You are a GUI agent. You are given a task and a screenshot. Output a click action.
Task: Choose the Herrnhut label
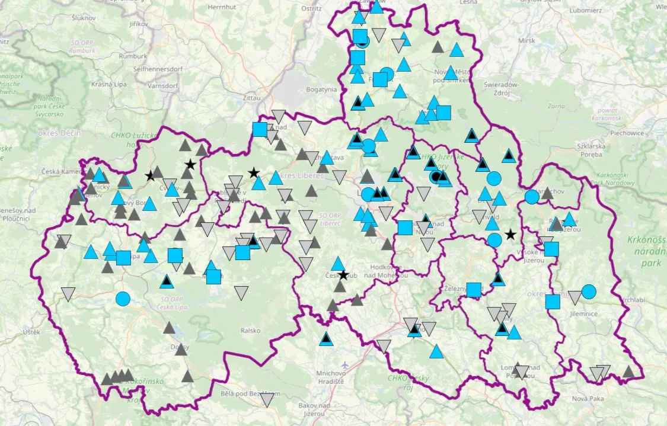(x=223, y=7)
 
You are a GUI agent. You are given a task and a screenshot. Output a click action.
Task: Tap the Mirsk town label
(x=526, y=40)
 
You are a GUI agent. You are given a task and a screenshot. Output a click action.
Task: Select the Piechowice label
(x=627, y=133)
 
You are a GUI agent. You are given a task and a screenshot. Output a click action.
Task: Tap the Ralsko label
(x=251, y=331)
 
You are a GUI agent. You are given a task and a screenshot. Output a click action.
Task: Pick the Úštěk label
(x=31, y=332)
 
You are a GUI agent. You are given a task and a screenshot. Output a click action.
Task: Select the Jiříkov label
(x=138, y=24)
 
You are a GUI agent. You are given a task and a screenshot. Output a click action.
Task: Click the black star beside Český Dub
(x=343, y=276)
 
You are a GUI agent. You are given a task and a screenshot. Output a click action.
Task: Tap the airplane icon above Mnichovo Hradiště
(x=346, y=364)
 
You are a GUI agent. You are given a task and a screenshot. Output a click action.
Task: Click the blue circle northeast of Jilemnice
(x=589, y=292)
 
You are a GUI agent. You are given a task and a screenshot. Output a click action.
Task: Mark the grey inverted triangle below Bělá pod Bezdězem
(x=268, y=400)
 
